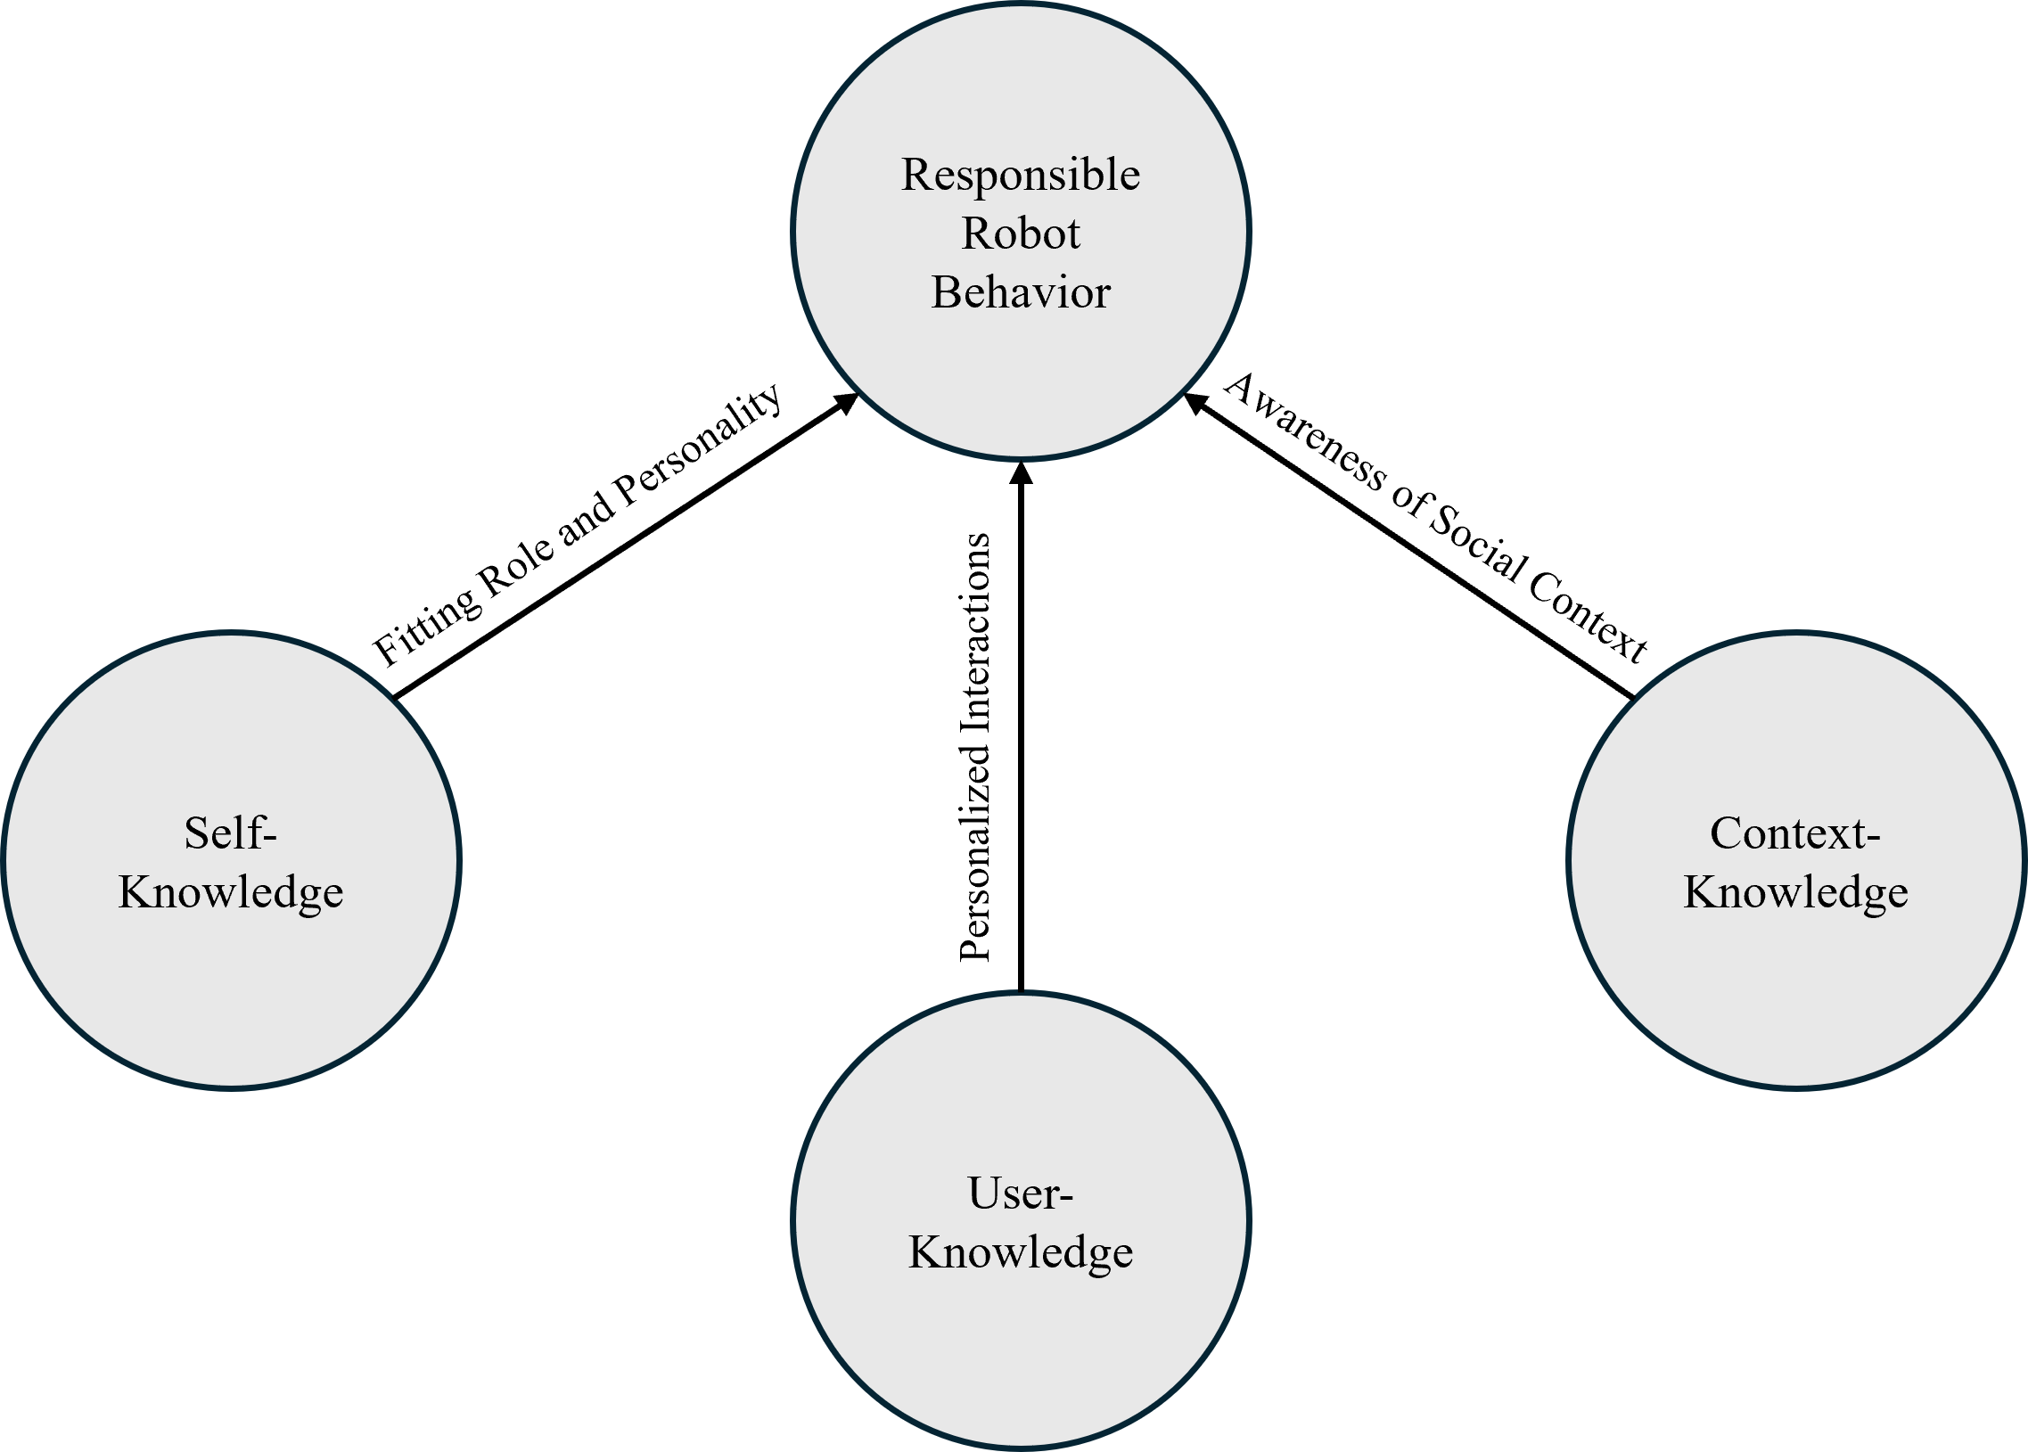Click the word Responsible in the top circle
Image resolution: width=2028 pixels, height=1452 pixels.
(x=1021, y=176)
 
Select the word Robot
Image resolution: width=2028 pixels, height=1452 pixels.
(x=1021, y=234)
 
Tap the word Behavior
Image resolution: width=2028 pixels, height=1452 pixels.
(x=1021, y=293)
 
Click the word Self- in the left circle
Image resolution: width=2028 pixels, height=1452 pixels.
(x=231, y=833)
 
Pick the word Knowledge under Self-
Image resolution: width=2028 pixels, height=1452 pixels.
(x=231, y=892)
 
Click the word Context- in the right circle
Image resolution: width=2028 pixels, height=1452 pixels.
(x=1795, y=833)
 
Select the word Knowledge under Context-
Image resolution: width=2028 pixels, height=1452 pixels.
(x=1795, y=892)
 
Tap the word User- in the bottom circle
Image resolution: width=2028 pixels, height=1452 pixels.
(x=1021, y=1194)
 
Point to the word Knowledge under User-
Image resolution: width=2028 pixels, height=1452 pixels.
(x=1021, y=1252)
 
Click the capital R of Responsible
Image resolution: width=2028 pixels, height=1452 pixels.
(x=915, y=175)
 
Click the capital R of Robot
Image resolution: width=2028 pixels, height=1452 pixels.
(x=976, y=234)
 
